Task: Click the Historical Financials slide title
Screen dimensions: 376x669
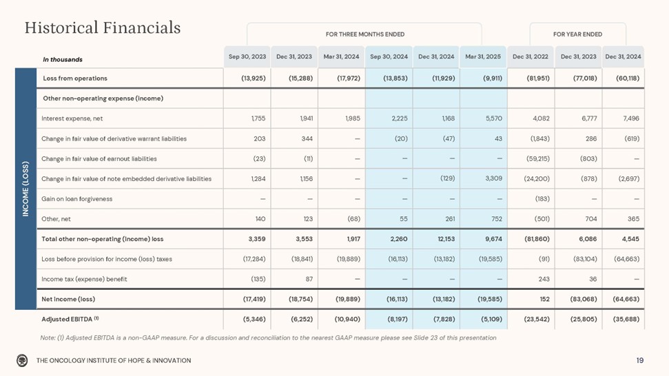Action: [x=103, y=28]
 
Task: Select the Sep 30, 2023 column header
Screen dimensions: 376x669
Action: [x=247, y=56]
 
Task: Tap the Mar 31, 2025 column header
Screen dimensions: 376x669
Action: [x=482, y=56]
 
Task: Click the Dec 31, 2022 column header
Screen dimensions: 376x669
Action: [x=531, y=56]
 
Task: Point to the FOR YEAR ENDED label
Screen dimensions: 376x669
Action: [x=577, y=34]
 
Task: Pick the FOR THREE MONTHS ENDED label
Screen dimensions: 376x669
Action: [x=364, y=34]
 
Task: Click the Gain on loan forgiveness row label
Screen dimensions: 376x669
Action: [x=77, y=199]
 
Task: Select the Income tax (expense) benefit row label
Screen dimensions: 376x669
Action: [x=85, y=279]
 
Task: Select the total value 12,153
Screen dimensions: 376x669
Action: [x=443, y=239]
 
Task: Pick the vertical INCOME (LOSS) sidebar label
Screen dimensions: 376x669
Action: [x=25, y=189]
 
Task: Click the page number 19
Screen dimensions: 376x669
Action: [x=640, y=360]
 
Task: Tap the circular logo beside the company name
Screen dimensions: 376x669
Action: [x=23, y=360]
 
